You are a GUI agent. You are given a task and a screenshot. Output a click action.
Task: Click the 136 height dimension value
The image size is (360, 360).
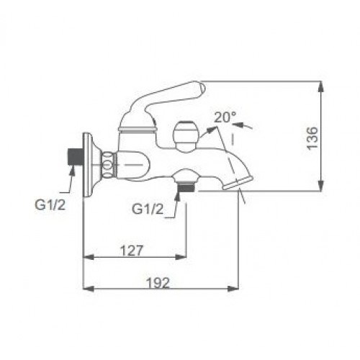[x=312, y=138]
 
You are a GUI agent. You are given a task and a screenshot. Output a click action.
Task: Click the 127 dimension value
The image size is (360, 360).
[x=131, y=251]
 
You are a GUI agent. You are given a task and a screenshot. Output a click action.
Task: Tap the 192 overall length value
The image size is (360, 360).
[x=158, y=283]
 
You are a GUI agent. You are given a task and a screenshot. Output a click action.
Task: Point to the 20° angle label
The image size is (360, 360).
[x=225, y=117]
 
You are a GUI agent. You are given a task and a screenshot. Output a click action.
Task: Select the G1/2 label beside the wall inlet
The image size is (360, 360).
[x=50, y=205]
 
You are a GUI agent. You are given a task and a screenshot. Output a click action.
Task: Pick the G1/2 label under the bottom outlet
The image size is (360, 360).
[x=148, y=210]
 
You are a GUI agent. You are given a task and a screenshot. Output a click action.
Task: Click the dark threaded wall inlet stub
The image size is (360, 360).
[x=75, y=156]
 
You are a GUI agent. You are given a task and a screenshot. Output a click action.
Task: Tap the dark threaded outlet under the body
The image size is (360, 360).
[x=186, y=187]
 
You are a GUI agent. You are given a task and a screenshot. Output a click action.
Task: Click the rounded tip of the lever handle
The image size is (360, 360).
[x=201, y=88]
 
